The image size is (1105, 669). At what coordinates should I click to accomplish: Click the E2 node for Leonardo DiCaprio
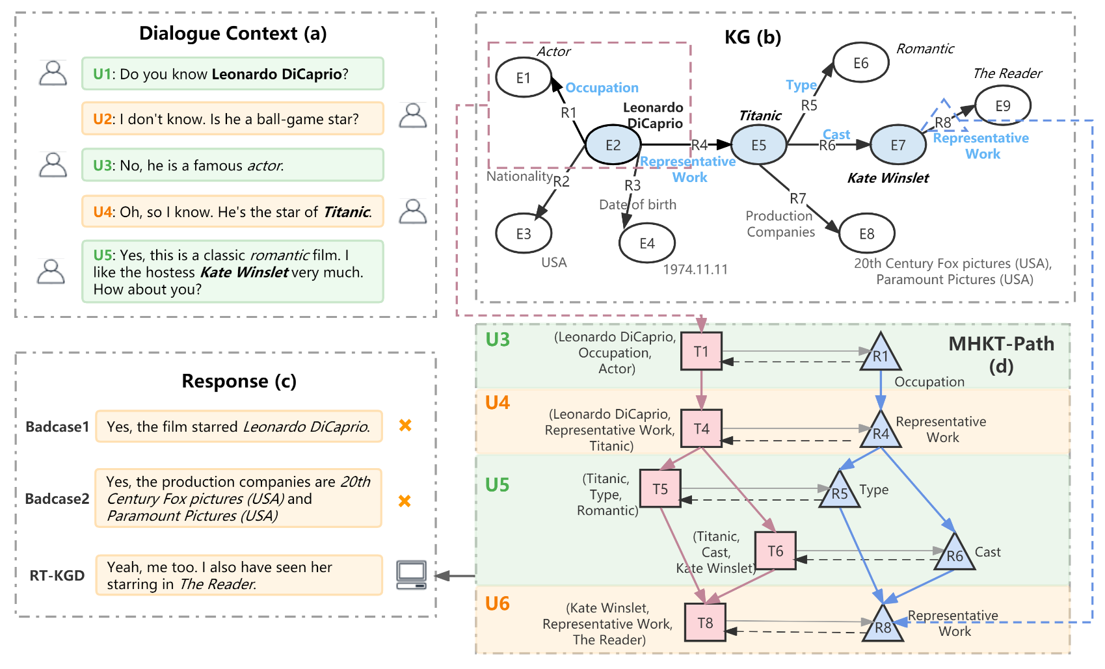(x=613, y=145)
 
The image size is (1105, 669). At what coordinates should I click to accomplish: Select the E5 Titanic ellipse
(x=759, y=145)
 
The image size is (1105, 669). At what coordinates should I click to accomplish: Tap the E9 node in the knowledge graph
(x=1002, y=105)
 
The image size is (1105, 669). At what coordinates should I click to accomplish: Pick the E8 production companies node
(x=867, y=233)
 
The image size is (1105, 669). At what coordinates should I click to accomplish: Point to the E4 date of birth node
(x=647, y=243)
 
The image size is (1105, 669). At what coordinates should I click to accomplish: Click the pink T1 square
(x=701, y=351)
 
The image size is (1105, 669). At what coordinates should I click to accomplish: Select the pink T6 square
(x=775, y=551)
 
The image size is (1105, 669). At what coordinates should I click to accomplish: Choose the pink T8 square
(x=705, y=623)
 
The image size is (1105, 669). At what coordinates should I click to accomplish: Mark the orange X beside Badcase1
(x=405, y=425)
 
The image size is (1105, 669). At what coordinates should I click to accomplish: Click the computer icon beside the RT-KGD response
(x=412, y=575)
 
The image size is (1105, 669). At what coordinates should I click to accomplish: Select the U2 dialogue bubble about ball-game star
(x=232, y=119)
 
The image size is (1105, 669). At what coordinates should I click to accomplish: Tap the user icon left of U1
(x=53, y=73)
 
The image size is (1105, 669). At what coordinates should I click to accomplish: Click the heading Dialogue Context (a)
(x=233, y=33)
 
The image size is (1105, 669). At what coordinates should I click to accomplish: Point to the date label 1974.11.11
(x=695, y=269)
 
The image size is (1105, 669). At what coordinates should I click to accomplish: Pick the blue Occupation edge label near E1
(x=602, y=88)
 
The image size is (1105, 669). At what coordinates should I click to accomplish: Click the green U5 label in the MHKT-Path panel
(x=498, y=485)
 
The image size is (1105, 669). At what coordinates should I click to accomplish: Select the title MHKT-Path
(x=1001, y=344)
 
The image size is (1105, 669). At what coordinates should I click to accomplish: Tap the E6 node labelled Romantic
(x=860, y=63)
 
